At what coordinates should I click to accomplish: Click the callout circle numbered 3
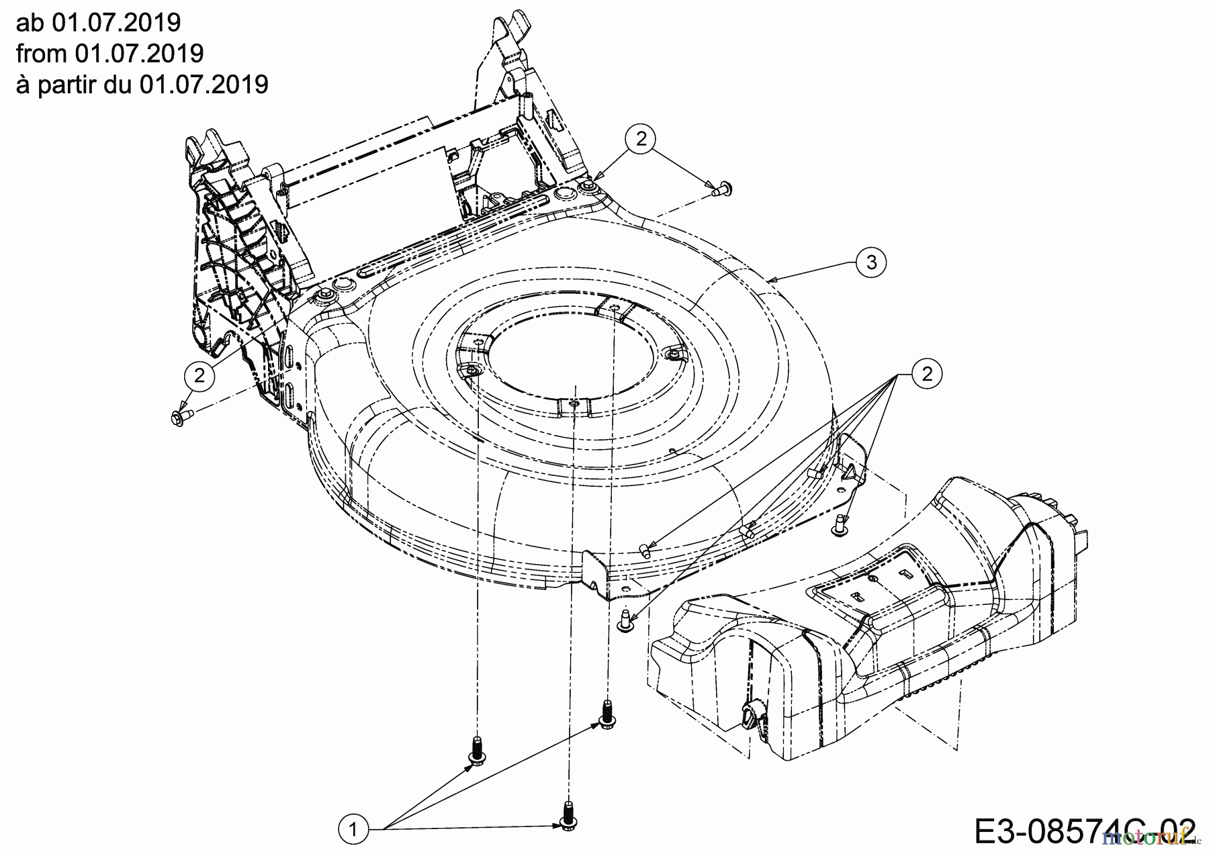[x=871, y=263]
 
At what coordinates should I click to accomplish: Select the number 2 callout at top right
[x=641, y=139]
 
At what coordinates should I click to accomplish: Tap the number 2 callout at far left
[x=199, y=375]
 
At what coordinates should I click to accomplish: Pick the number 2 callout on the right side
[x=927, y=374]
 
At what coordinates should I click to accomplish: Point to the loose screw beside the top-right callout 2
[x=722, y=189]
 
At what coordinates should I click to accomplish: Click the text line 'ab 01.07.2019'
[x=98, y=22]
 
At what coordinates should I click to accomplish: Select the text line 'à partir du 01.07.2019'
[x=142, y=84]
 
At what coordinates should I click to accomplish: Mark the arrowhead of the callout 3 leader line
[x=770, y=277]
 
